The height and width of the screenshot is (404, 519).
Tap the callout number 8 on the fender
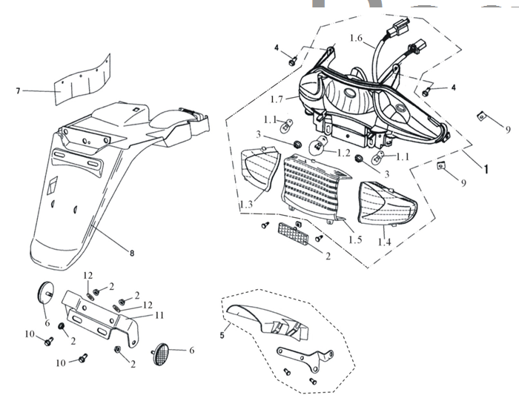click(x=132, y=254)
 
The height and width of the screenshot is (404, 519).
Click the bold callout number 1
click(x=486, y=169)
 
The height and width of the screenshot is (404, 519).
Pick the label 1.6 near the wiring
click(x=356, y=39)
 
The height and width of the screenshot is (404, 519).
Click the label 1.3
click(x=246, y=204)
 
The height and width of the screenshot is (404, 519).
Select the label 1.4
click(x=385, y=242)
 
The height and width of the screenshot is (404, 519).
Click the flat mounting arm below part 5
click(x=304, y=359)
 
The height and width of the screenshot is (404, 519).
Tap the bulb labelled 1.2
click(x=320, y=145)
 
